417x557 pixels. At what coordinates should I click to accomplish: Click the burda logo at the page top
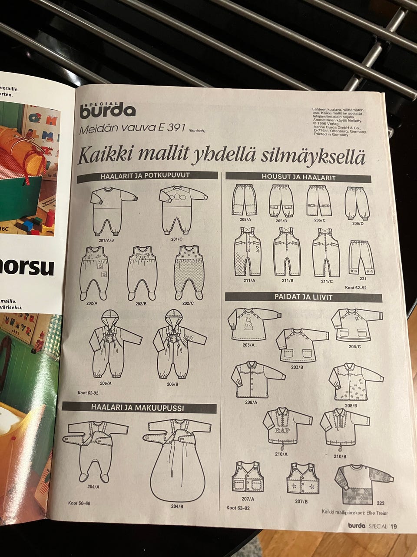click(x=107, y=111)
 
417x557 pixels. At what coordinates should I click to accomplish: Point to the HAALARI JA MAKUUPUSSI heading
click(x=137, y=408)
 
